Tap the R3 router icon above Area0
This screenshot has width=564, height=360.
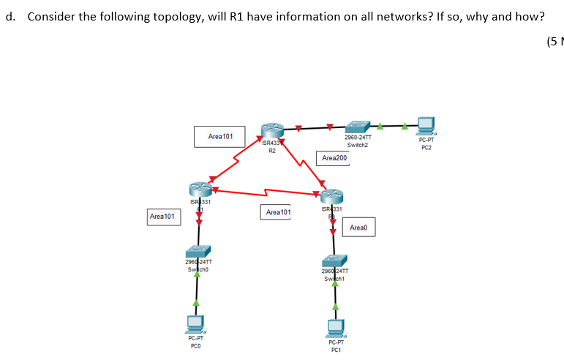331,196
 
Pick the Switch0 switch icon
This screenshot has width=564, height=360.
198,250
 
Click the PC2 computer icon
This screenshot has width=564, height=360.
425,126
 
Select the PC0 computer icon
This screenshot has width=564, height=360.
195,321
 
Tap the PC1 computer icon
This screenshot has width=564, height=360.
336,327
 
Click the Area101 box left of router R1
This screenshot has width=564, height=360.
162,217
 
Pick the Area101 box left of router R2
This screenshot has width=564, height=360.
220,136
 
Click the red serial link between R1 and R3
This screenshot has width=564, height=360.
263,193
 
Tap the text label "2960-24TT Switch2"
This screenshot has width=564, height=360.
358,141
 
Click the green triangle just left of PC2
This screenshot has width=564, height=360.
402,126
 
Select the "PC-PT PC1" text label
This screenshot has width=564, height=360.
336,347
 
